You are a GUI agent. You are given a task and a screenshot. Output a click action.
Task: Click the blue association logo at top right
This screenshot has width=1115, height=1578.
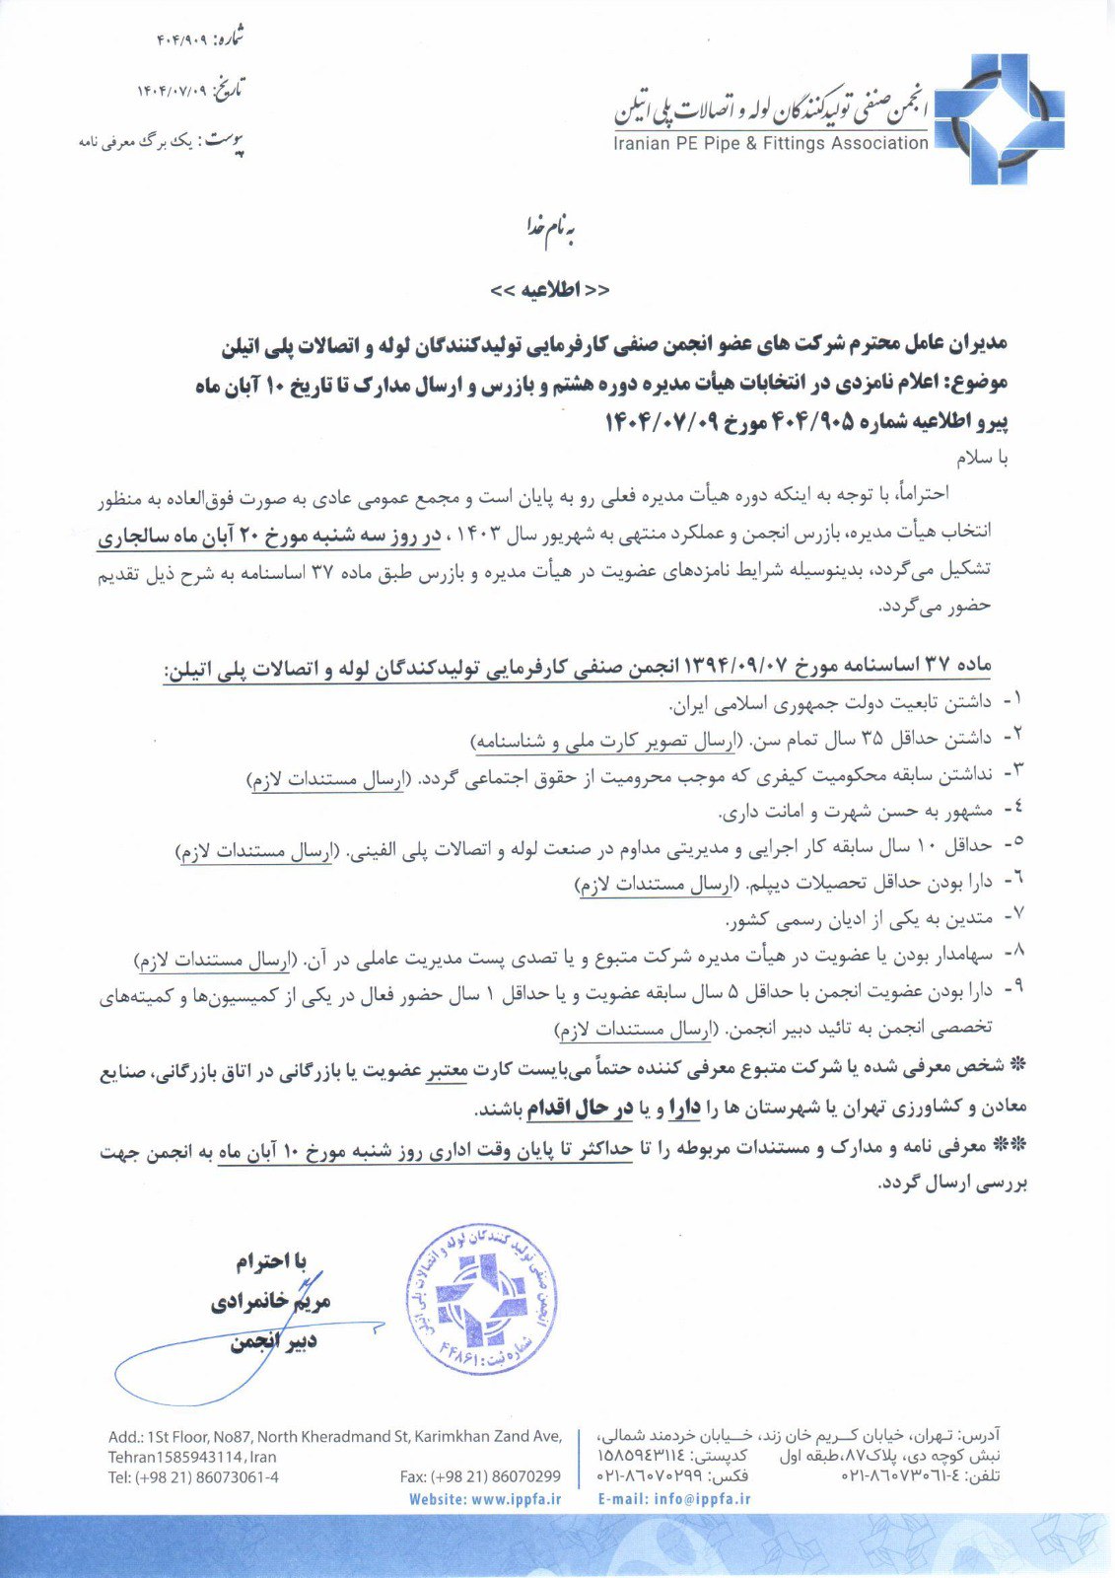click(998, 119)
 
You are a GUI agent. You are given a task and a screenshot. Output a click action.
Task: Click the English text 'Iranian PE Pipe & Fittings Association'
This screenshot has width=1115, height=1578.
click(770, 144)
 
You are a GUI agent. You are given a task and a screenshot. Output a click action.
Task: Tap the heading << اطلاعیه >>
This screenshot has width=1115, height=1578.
click(549, 290)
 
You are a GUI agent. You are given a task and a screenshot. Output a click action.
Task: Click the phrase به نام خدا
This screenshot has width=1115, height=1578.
click(549, 228)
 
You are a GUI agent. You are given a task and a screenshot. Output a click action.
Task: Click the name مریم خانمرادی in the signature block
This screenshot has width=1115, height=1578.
click(271, 1302)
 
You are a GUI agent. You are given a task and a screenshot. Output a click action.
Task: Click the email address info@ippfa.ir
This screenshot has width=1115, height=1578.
click(701, 1500)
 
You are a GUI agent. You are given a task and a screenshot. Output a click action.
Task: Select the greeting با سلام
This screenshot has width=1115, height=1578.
click(982, 459)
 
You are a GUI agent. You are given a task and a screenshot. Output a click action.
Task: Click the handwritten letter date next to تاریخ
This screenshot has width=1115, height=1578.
click(174, 92)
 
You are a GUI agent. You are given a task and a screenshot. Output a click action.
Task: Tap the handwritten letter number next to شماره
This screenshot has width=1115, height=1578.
click(180, 40)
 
